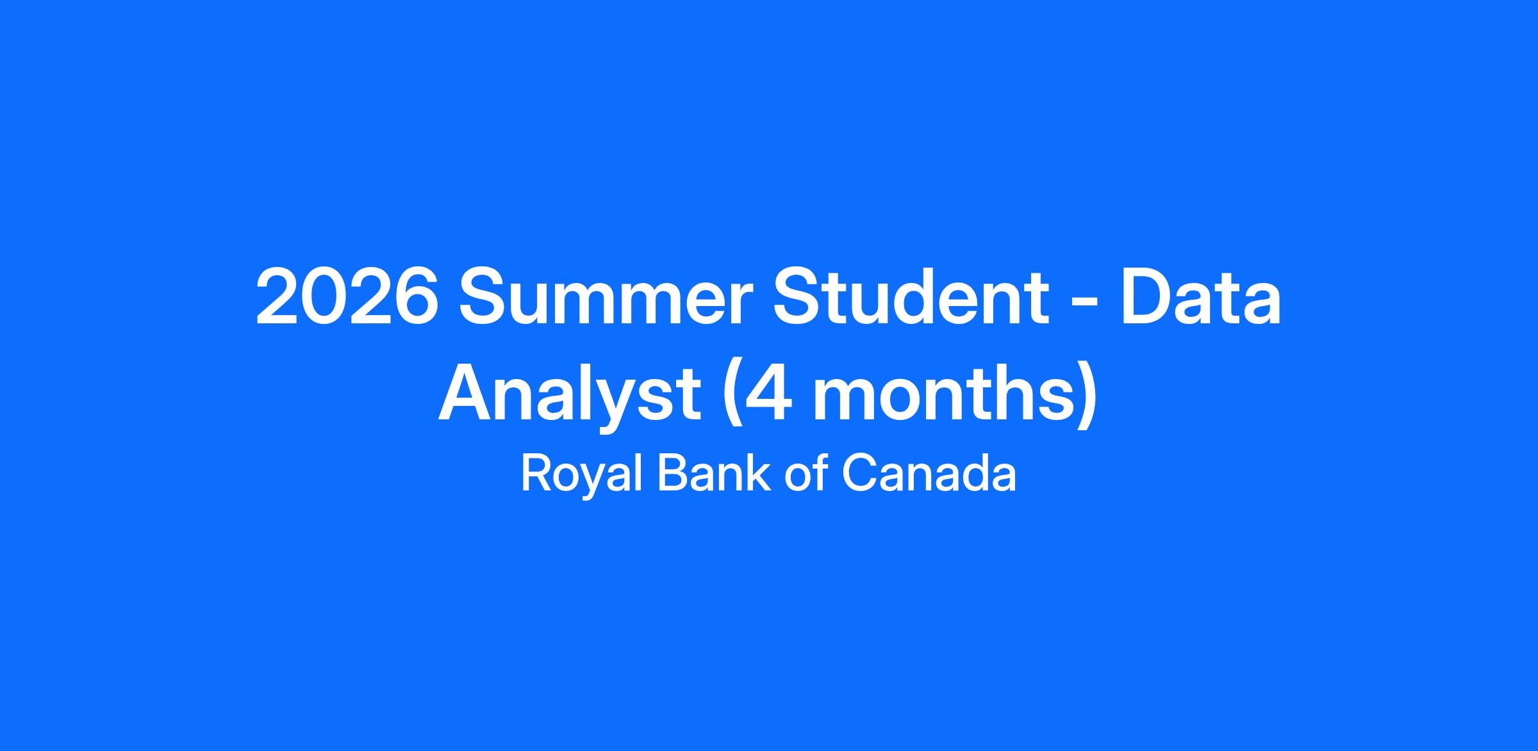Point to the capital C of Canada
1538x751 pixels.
tap(858, 473)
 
